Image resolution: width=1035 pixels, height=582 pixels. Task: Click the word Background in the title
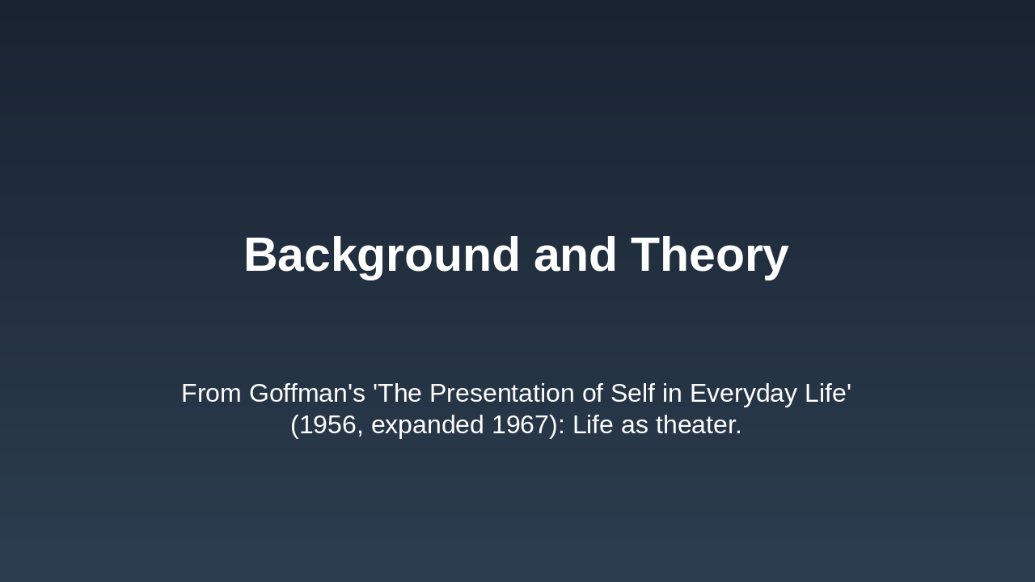382,255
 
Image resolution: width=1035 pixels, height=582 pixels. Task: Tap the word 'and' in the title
575,255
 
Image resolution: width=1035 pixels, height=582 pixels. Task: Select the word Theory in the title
709,255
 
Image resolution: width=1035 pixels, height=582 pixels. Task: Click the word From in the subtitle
211,394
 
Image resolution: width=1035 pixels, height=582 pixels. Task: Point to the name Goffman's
307,394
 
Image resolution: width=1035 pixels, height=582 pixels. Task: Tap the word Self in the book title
633,394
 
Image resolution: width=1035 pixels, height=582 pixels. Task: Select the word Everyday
743,394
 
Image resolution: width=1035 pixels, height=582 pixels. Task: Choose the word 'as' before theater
636,425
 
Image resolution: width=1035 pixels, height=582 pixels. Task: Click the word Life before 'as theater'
594,425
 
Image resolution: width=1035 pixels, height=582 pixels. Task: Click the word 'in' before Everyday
674,394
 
